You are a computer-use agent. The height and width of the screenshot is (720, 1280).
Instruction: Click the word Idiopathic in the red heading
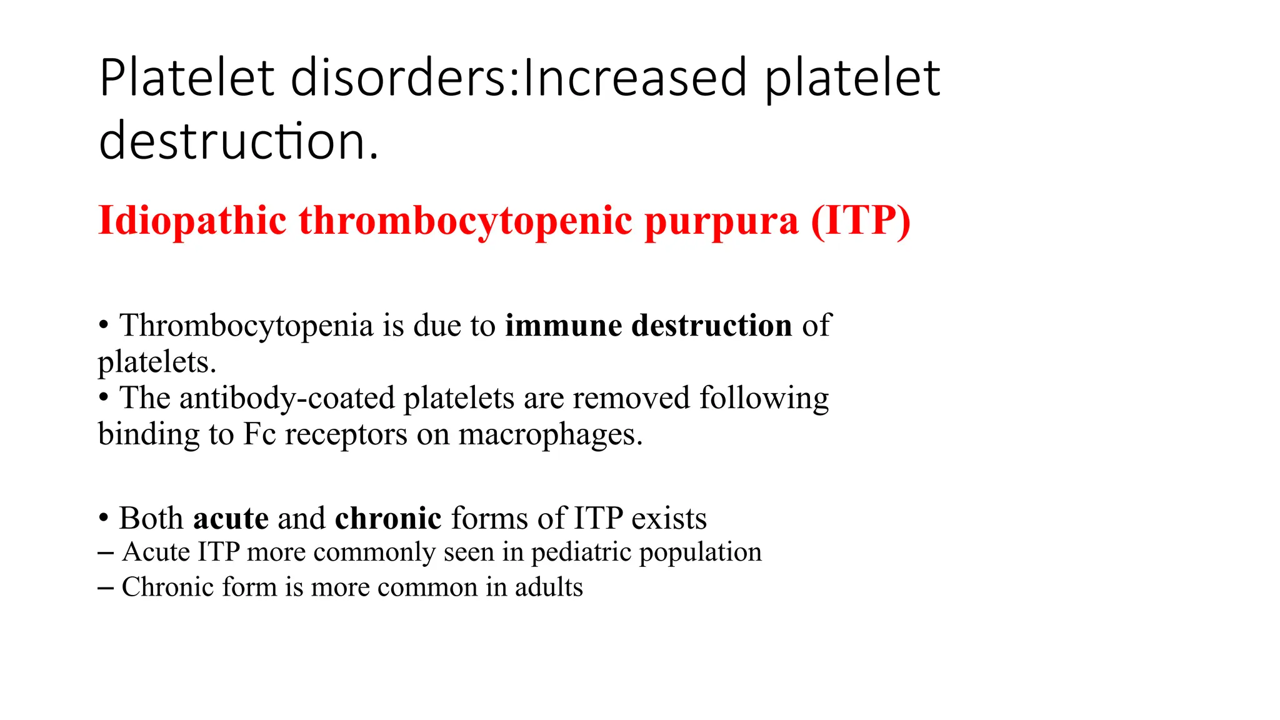pyautogui.click(x=192, y=221)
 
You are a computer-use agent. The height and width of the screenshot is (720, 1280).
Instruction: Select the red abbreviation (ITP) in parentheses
pyautogui.click(x=861, y=221)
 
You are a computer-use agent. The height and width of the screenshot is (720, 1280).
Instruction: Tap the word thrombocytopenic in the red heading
pyautogui.click(x=466, y=221)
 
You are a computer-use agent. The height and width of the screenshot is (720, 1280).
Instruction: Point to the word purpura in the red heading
pyautogui.click(x=721, y=221)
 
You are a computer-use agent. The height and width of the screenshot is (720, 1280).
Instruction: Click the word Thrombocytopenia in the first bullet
pyautogui.click(x=246, y=326)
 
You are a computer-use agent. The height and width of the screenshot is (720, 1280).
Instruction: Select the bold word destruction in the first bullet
pyautogui.click(x=712, y=326)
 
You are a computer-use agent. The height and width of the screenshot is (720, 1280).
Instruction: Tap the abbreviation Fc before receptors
pyautogui.click(x=259, y=434)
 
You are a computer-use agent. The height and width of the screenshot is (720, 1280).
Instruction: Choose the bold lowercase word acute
pyautogui.click(x=231, y=519)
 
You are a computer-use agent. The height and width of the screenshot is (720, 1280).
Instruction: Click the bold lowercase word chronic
pyautogui.click(x=388, y=519)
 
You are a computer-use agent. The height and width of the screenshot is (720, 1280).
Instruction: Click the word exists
pyautogui.click(x=669, y=519)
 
